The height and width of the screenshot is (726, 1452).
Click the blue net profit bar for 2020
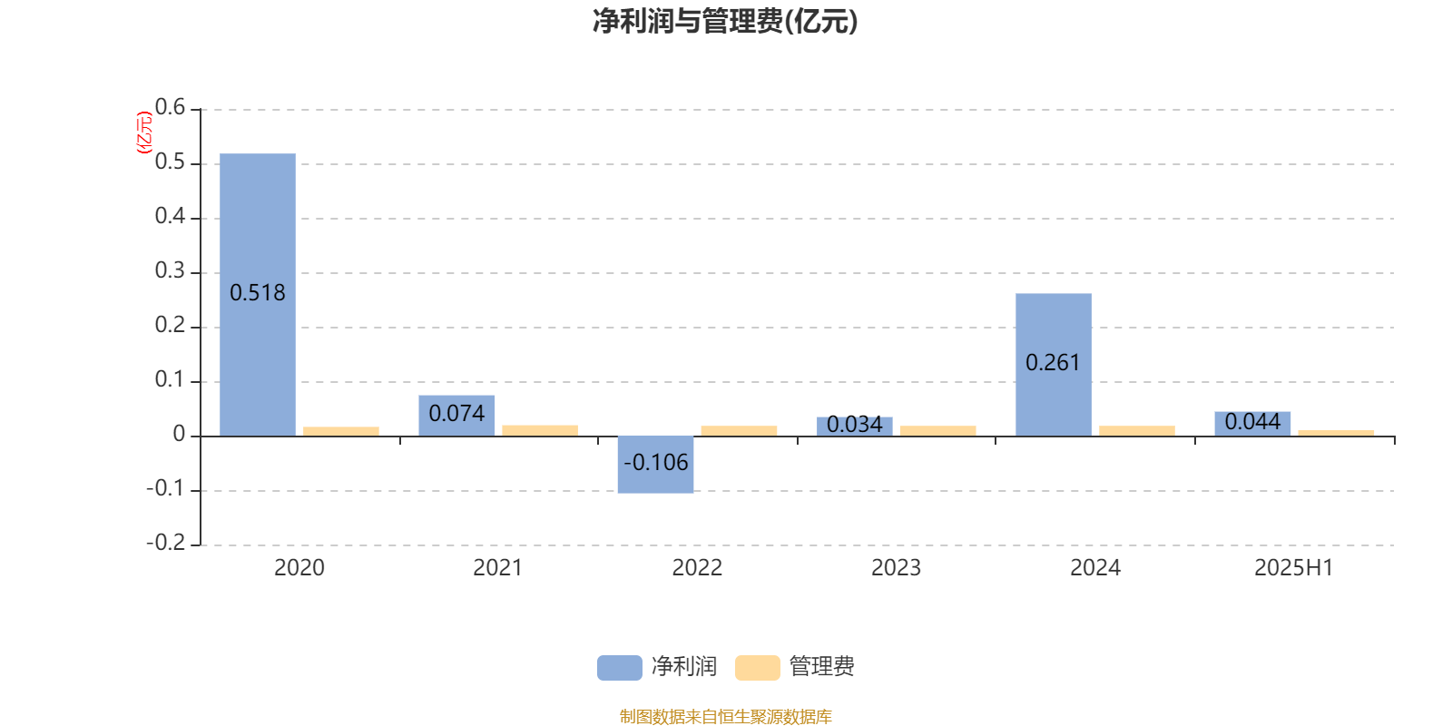point(258,295)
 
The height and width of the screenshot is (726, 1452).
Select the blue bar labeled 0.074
point(456,416)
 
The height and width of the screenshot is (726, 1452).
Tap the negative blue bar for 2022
point(655,465)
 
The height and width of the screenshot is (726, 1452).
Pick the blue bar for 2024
point(1054,365)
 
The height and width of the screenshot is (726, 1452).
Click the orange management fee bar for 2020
point(341,431)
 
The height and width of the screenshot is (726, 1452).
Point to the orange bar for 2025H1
point(1336,433)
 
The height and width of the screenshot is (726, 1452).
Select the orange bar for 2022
point(739,431)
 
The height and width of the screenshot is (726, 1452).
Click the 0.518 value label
point(258,293)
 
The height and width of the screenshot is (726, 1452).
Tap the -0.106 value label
point(655,463)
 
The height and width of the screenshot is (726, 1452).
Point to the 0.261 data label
point(1054,363)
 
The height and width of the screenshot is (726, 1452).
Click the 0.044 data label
point(1252,422)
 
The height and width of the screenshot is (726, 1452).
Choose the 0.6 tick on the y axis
point(170,107)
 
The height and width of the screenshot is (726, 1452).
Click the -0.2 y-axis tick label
point(166,543)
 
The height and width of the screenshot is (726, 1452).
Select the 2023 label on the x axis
point(896,568)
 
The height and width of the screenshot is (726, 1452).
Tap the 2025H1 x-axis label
point(1294,568)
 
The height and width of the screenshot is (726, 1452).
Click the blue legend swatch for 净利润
point(620,668)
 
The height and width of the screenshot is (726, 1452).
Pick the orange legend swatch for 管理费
point(757,668)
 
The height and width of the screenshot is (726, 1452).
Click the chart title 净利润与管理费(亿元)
point(725,22)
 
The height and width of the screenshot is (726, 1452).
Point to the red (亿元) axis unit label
point(144,132)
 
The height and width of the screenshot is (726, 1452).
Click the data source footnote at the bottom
point(725,716)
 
